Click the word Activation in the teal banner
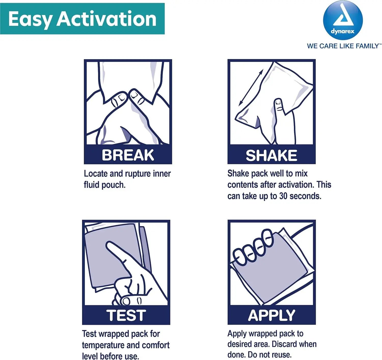[106, 19]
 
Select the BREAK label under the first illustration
[128, 155]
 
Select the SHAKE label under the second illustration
[271, 155]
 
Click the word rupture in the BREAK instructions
[138, 174]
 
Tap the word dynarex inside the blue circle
[343, 31]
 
